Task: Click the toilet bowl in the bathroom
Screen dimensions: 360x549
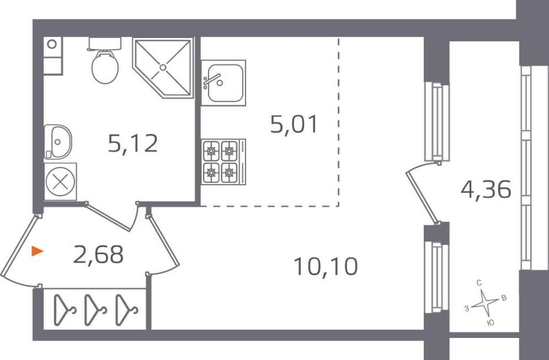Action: (x=105, y=67)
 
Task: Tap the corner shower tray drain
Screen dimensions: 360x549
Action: (x=163, y=67)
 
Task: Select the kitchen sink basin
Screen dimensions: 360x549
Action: (x=224, y=83)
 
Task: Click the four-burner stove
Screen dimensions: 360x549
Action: (x=220, y=161)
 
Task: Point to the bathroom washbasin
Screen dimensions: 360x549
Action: (x=58, y=142)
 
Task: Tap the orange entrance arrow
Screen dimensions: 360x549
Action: (x=37, y=251)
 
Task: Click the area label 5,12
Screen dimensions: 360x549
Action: (x=133, y=143)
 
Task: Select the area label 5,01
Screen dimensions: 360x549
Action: (x=294, y=124)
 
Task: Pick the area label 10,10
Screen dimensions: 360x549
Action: (x=325, y=267)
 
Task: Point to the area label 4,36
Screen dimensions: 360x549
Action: (x=486, y=190)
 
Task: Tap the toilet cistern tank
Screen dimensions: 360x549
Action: (x=105, y=43)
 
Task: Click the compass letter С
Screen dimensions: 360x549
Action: (x=479, y=283)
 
